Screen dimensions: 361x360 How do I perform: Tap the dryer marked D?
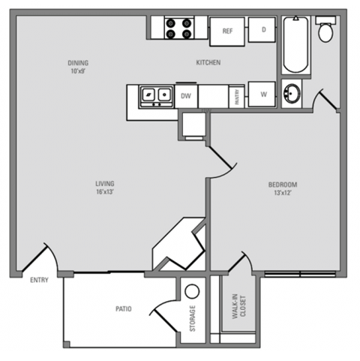click(x=264, y=29)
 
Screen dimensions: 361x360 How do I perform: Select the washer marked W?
click(x=264, y=95)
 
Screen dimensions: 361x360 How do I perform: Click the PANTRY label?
click(x=235, y=95)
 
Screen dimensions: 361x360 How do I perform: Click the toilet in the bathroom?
click(x=325, y=31)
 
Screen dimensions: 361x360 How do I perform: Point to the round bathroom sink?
click(x=292, y=95)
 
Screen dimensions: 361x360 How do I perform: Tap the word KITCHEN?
click(x=208, y=63)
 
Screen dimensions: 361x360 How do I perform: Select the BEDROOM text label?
click(x=283, y=185)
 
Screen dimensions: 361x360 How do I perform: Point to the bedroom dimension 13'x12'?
click(x=283, y=193)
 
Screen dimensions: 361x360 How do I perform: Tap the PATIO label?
click(x=124, y=307)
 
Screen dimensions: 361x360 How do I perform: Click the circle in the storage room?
click(x=191, y=292)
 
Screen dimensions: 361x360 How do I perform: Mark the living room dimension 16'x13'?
click(x=104, y=192)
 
